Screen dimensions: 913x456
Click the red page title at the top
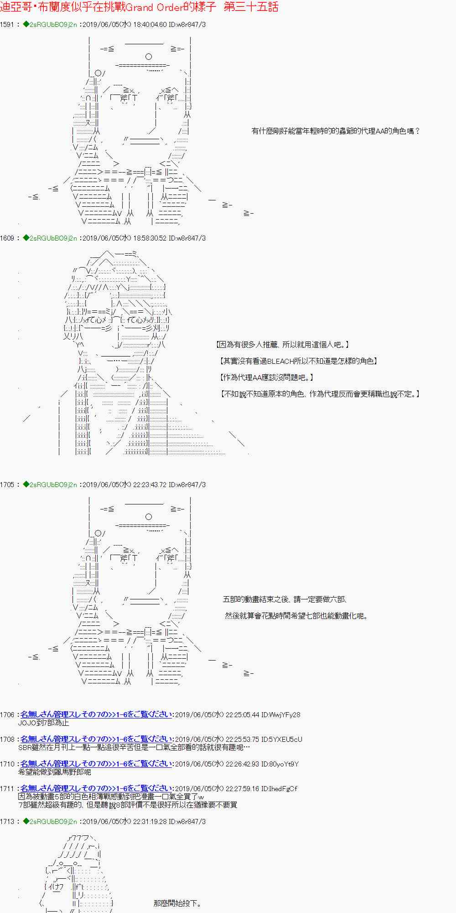(x=139, y=7)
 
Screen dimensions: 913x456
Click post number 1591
(x=7, y=25)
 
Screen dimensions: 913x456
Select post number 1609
(x=7, y=238)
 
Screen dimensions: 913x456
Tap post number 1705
(x=7, y=485)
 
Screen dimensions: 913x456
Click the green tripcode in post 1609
(x=50, y=238)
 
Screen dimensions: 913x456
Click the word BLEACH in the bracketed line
(x=280, y=361)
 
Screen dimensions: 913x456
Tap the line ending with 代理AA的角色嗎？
(x=335, y=131)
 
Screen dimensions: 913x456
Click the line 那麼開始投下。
(x=177, y=903)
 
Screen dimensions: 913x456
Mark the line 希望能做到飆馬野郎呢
(x=55, y=772)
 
